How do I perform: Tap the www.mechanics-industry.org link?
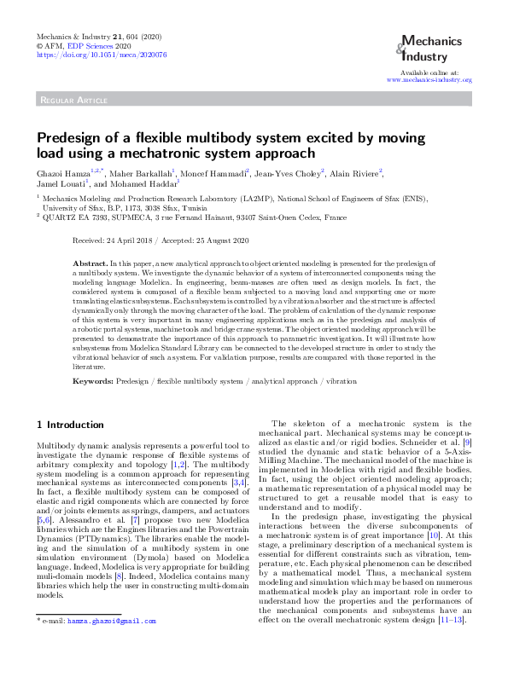(x=429, y=79)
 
